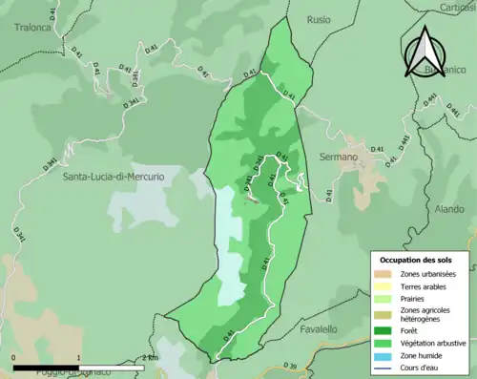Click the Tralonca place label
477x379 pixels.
pyautogui.click(x=32, y=28)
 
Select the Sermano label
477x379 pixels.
pyautogui.click(x=339, y=157)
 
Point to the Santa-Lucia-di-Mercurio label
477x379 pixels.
pyautogui.click(x=114, y=178)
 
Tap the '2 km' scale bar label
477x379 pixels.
pyautogui.click(x=148, y=358)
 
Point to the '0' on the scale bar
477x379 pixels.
pyautogui.click(x=14, y=358)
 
